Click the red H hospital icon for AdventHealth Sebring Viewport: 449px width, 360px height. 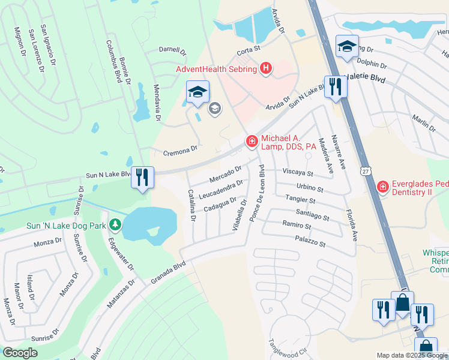[x=266, y=69]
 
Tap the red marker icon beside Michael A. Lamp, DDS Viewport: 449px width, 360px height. [x=252, y=142]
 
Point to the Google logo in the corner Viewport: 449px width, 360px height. [x=20, y=353]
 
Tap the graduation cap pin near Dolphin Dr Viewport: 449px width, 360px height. [x=348, y=46]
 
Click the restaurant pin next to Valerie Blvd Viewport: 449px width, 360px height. [x=334, y=86]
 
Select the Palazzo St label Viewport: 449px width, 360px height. [x=309, y=241]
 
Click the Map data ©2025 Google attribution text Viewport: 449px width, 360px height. [x=412, y=355]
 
